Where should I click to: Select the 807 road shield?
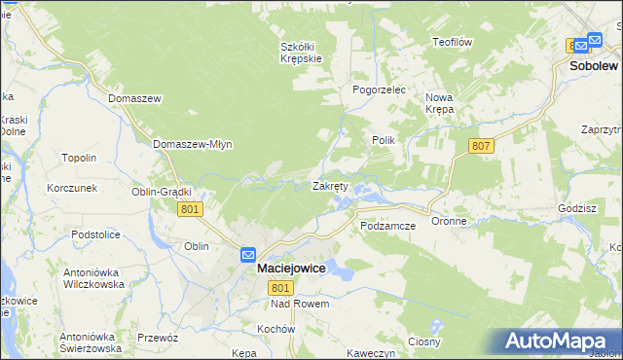(480, 146)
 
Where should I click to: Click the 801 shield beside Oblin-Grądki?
(192, 209)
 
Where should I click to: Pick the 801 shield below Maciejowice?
(281, 288)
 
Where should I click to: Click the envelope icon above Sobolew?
(580, 45)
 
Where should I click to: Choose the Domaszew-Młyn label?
(192, 144)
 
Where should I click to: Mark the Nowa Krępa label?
(440, 103)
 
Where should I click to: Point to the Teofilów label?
(453, 42)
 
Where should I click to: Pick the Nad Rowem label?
(301, 305)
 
